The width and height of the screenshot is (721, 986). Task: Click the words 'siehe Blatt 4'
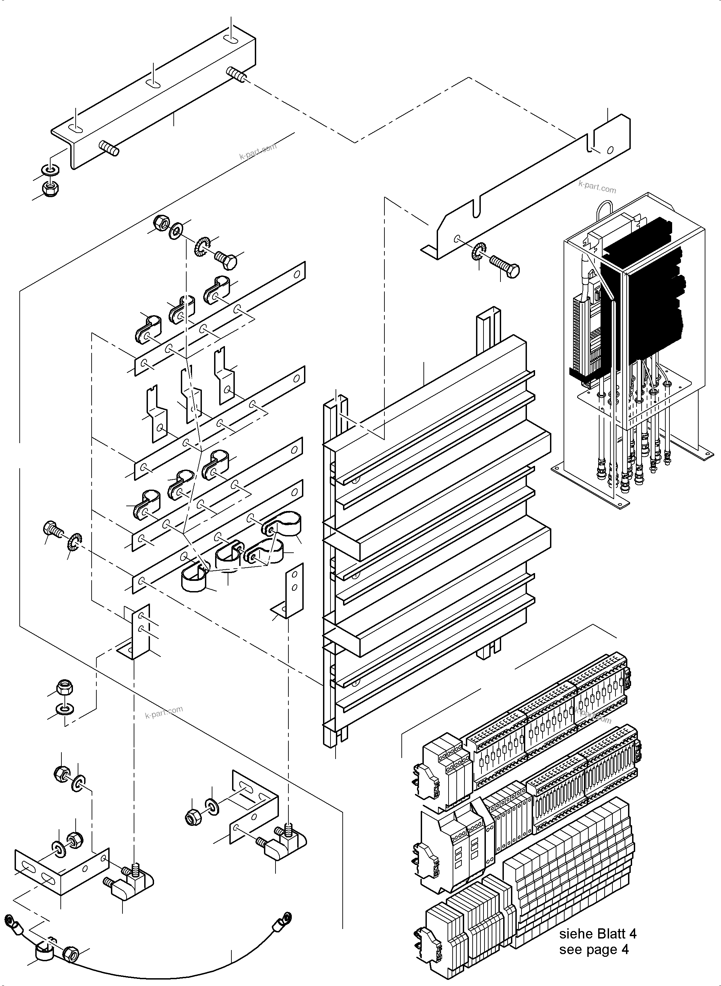tap(597, 934)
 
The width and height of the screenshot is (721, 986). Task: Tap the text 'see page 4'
tap(594, 950)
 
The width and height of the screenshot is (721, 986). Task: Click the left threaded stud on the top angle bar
tap(109, 148)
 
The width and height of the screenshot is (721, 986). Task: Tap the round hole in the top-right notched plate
tap(610, 150)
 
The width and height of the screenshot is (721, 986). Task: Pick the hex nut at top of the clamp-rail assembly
tap(161, 224)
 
